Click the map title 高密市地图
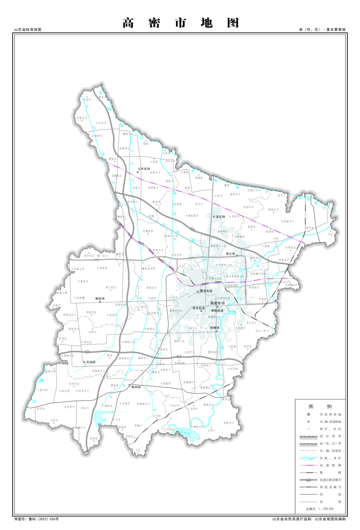coord(180,23)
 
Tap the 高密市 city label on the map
coord(216,303)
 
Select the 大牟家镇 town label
coord(144,169)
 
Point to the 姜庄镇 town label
coord(220,217)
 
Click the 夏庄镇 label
coord(230,254)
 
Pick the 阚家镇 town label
coord(100,298)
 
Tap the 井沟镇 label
coord(90,362)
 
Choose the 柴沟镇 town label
coord(136,387)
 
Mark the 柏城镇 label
coord(215,328)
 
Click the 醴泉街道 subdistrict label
coord(206,291)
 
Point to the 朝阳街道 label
coord(217,310)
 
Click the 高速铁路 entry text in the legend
coord(330,465)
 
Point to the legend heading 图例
coord(320,406)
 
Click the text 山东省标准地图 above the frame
coord(28,30)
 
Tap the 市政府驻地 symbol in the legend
coord(308,414)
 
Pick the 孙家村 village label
coord(94,438)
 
